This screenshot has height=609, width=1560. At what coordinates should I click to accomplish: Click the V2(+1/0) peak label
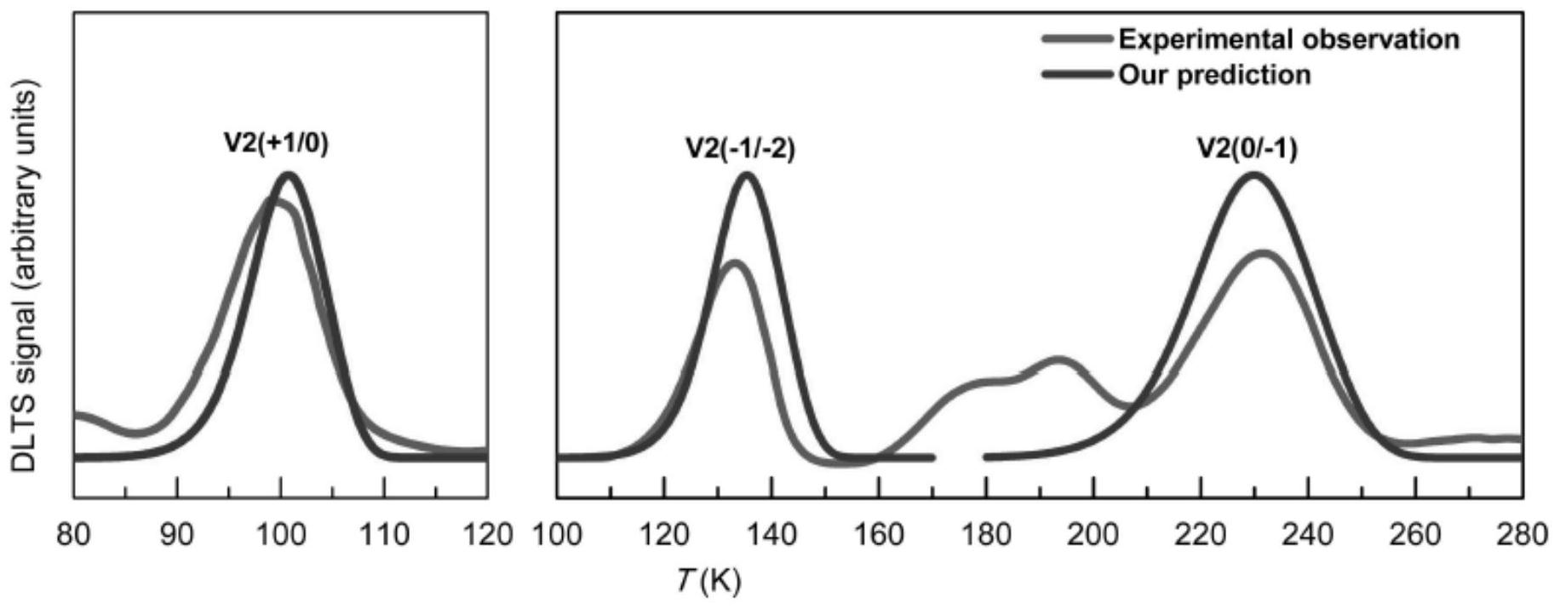(x=276, y=144)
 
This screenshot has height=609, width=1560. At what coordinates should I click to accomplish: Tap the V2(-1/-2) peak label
(x=740, y=149)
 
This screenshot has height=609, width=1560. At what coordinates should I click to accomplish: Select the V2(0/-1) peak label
(x=1247, y=149)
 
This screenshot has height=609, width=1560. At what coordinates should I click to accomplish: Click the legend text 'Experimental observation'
(x=1288, y=39)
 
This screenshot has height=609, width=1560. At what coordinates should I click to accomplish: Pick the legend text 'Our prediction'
(x=1214, y=75)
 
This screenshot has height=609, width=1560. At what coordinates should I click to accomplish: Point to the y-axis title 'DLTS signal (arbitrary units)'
(x=26, y=278)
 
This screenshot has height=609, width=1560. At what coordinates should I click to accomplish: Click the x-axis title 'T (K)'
(x=709, y=582)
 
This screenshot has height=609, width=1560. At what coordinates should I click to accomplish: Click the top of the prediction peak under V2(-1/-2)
(x=748, y=175)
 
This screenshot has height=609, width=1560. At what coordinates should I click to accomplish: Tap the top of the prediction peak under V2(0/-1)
(x=1253, y=175)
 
